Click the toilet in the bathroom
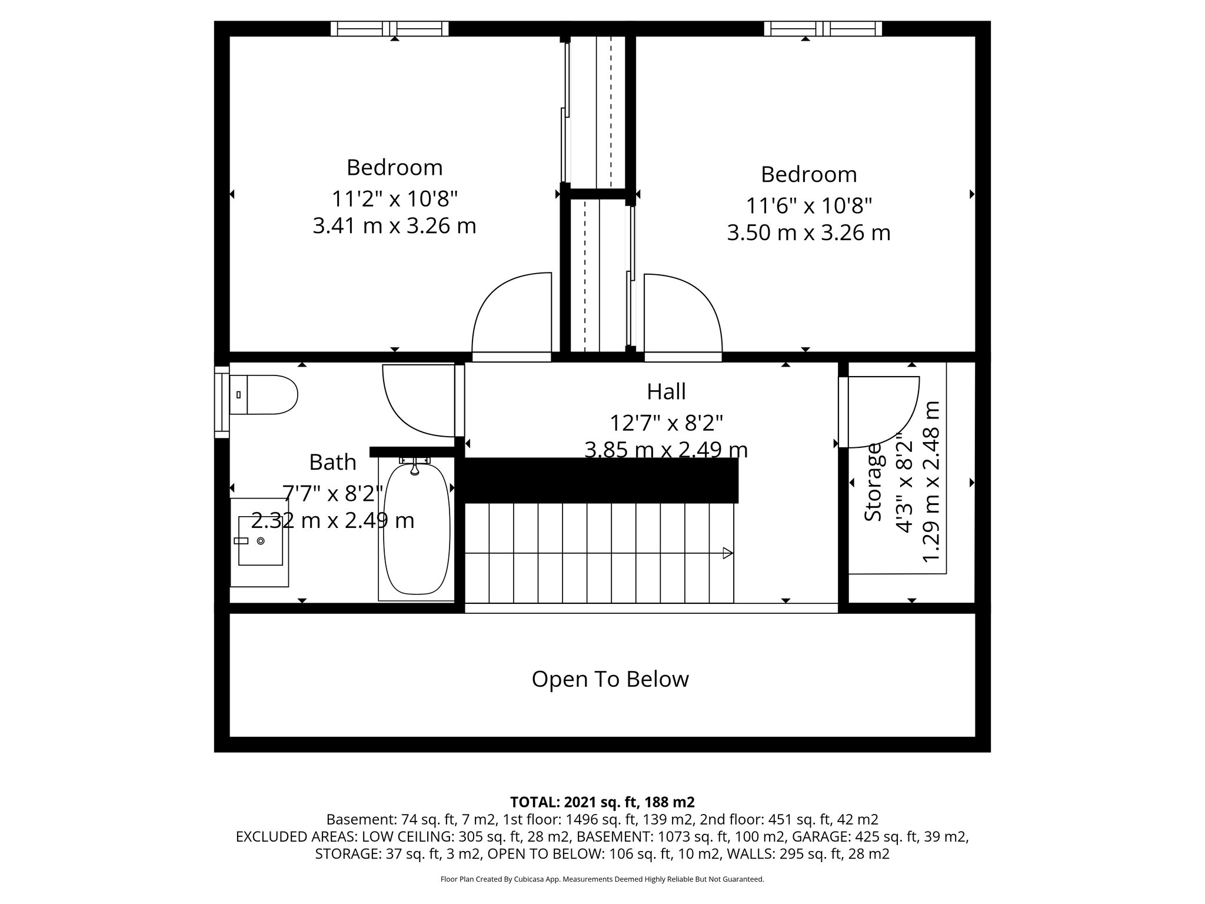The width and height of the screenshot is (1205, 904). [268, 394]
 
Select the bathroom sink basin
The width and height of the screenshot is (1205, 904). [259, 541]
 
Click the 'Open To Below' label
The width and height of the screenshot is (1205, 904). [610, 679]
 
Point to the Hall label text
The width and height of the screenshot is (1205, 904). [666, 391]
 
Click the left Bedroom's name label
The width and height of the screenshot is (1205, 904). [394, 168]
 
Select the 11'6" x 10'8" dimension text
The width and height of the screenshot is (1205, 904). [808, 206]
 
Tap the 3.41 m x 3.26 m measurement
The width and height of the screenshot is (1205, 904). [394, 226]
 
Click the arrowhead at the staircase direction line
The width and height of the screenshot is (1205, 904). [728, 553]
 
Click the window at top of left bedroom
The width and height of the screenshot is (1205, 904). [390, 28]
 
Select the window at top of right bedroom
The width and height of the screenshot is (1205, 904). [823, 28]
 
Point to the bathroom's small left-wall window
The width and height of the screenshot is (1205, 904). [221, 401]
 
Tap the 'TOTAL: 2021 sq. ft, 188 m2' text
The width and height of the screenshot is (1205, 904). [602, 802]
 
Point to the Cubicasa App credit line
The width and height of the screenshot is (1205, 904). [602, 879]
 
